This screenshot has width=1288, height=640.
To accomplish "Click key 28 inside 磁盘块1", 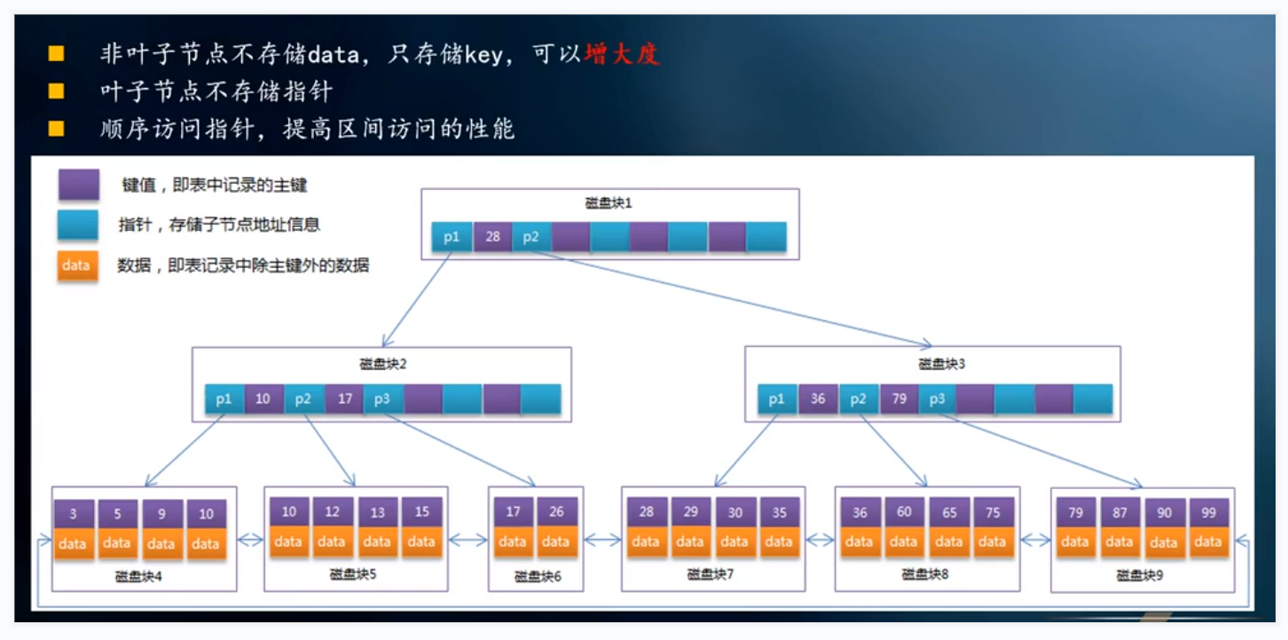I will coord(492,237).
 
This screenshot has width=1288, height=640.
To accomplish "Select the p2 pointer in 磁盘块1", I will coord(531,237).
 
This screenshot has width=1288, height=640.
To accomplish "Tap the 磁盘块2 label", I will coord(382,364).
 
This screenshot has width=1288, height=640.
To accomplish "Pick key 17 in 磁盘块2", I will coord(344,399).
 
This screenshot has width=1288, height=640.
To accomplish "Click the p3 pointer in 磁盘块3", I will coord(937,399).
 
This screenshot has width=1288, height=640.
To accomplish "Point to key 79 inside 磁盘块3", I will coord(899,399).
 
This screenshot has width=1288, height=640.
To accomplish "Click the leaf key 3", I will coord(74,514).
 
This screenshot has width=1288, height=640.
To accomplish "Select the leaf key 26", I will coord(556,511).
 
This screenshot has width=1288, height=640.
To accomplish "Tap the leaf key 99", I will coord(1207,512).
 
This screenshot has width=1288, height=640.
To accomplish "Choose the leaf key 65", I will coord(948,512).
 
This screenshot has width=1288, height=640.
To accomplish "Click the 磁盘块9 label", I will coord(1140,575).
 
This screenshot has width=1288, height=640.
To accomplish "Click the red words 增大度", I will coord(622,54).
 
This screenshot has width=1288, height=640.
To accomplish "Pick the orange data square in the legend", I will coord(77,265).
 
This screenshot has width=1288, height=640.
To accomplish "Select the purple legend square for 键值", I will coord(78,186).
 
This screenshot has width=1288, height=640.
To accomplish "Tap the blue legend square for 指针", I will coord(78,225).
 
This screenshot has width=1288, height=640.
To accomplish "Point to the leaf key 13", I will coord(378,512).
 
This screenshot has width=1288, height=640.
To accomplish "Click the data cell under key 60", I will coord(903,541).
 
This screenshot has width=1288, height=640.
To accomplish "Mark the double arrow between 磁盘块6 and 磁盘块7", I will coord(602,539).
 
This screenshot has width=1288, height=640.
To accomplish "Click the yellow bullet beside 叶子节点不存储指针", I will coord(56,91).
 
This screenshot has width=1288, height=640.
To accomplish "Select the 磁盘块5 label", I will coord(353,573).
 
